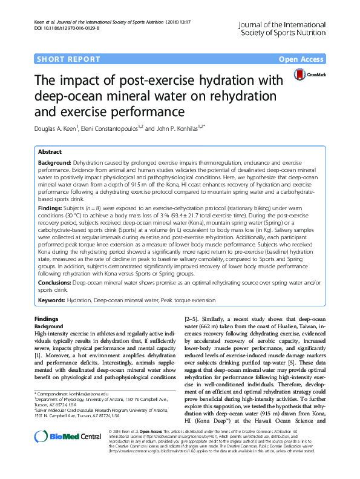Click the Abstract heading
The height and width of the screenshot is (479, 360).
50,152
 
